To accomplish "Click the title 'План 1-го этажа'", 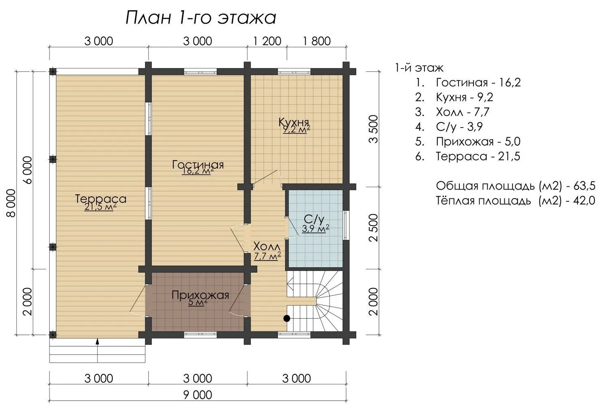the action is point(201,18).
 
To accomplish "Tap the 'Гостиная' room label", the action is point(198,164).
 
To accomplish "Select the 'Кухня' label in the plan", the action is point(294,122).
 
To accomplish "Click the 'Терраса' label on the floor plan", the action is point(101,199).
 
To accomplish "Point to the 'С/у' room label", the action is point(314,219).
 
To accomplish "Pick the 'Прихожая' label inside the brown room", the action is point(200,295).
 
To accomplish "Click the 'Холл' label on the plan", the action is point(267,246).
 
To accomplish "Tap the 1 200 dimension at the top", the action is point(267,41).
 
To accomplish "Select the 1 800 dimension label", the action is point(316,41).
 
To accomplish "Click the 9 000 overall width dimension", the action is point(198,395).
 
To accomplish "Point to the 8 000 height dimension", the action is point(11,203).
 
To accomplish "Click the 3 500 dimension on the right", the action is point(374,129).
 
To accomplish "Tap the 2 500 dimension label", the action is point(374,228).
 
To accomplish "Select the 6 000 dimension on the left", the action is point(28,170).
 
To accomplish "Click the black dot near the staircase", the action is point(286,318).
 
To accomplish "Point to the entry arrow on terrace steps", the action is point(97,350).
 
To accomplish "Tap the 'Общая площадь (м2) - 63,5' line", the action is point(516,186).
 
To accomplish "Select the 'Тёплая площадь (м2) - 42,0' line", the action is point(516,200).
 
